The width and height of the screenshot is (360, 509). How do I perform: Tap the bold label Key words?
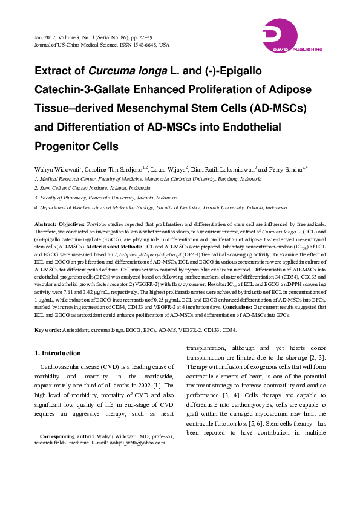[x=47, y=330]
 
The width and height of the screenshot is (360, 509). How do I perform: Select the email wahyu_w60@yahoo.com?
[x=139, y=443]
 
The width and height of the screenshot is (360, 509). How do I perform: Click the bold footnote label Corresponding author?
[x=68, y=436]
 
